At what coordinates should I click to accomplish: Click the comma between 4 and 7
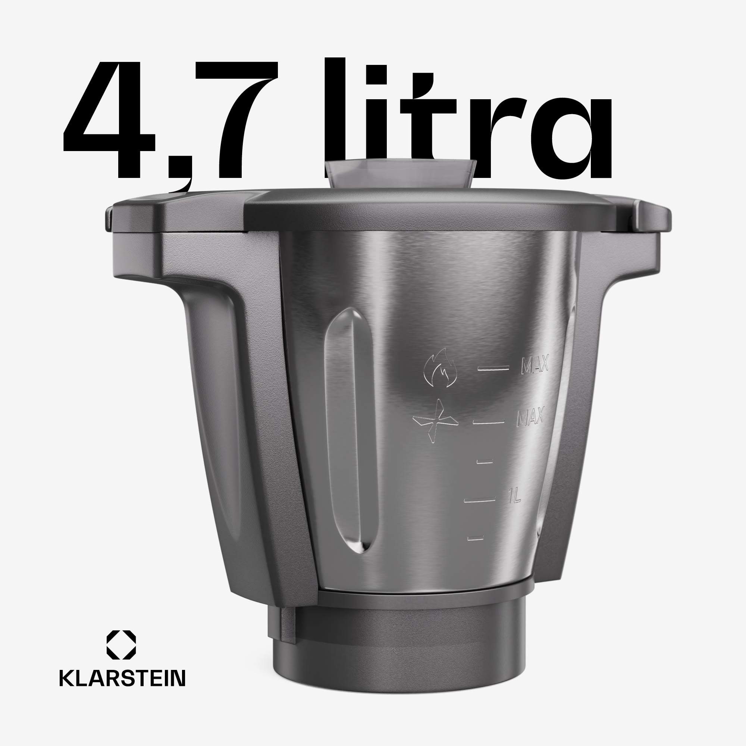tap(182, 182)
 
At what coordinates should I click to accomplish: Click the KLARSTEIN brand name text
tap(122, 678)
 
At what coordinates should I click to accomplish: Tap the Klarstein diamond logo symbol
tap(121, 645)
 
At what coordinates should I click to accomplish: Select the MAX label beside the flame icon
tap(535, 365)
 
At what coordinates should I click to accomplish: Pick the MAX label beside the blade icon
tap(530, 417)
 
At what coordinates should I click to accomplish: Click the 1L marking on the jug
tap(514, 495)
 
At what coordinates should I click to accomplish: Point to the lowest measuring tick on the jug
tap(475, 538)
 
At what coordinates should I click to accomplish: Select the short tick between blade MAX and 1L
tap(485, 461)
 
